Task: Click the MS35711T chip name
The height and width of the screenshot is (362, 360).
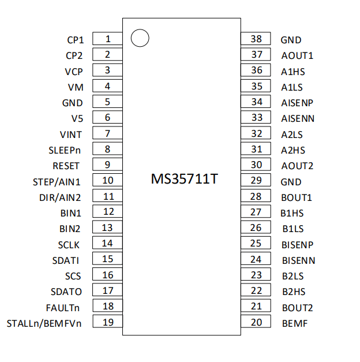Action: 185,179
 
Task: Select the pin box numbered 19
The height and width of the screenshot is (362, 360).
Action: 107,321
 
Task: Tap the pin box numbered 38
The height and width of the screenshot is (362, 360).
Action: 256,38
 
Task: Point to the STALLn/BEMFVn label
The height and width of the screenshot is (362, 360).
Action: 44,323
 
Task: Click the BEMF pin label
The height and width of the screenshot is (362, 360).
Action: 295,323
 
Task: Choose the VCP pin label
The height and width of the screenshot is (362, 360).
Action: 74,72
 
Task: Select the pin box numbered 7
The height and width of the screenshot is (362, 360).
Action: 107,133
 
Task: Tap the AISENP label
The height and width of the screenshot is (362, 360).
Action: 297,103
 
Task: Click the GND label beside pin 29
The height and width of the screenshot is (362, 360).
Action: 291,182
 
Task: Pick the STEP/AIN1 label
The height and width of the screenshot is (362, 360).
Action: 57,182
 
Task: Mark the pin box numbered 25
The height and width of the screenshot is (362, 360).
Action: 256,242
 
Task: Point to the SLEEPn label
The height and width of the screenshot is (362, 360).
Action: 65,150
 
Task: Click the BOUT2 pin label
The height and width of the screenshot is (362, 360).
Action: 297,308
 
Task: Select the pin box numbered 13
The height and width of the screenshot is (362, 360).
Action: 107,227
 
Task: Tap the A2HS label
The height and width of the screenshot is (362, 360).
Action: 293,150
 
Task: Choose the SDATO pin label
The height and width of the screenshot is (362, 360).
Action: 66,292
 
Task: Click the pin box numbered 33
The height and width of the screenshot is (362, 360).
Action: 256,117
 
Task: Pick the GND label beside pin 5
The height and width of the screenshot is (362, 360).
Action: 73,103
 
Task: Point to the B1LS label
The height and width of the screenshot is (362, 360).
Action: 293,229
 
